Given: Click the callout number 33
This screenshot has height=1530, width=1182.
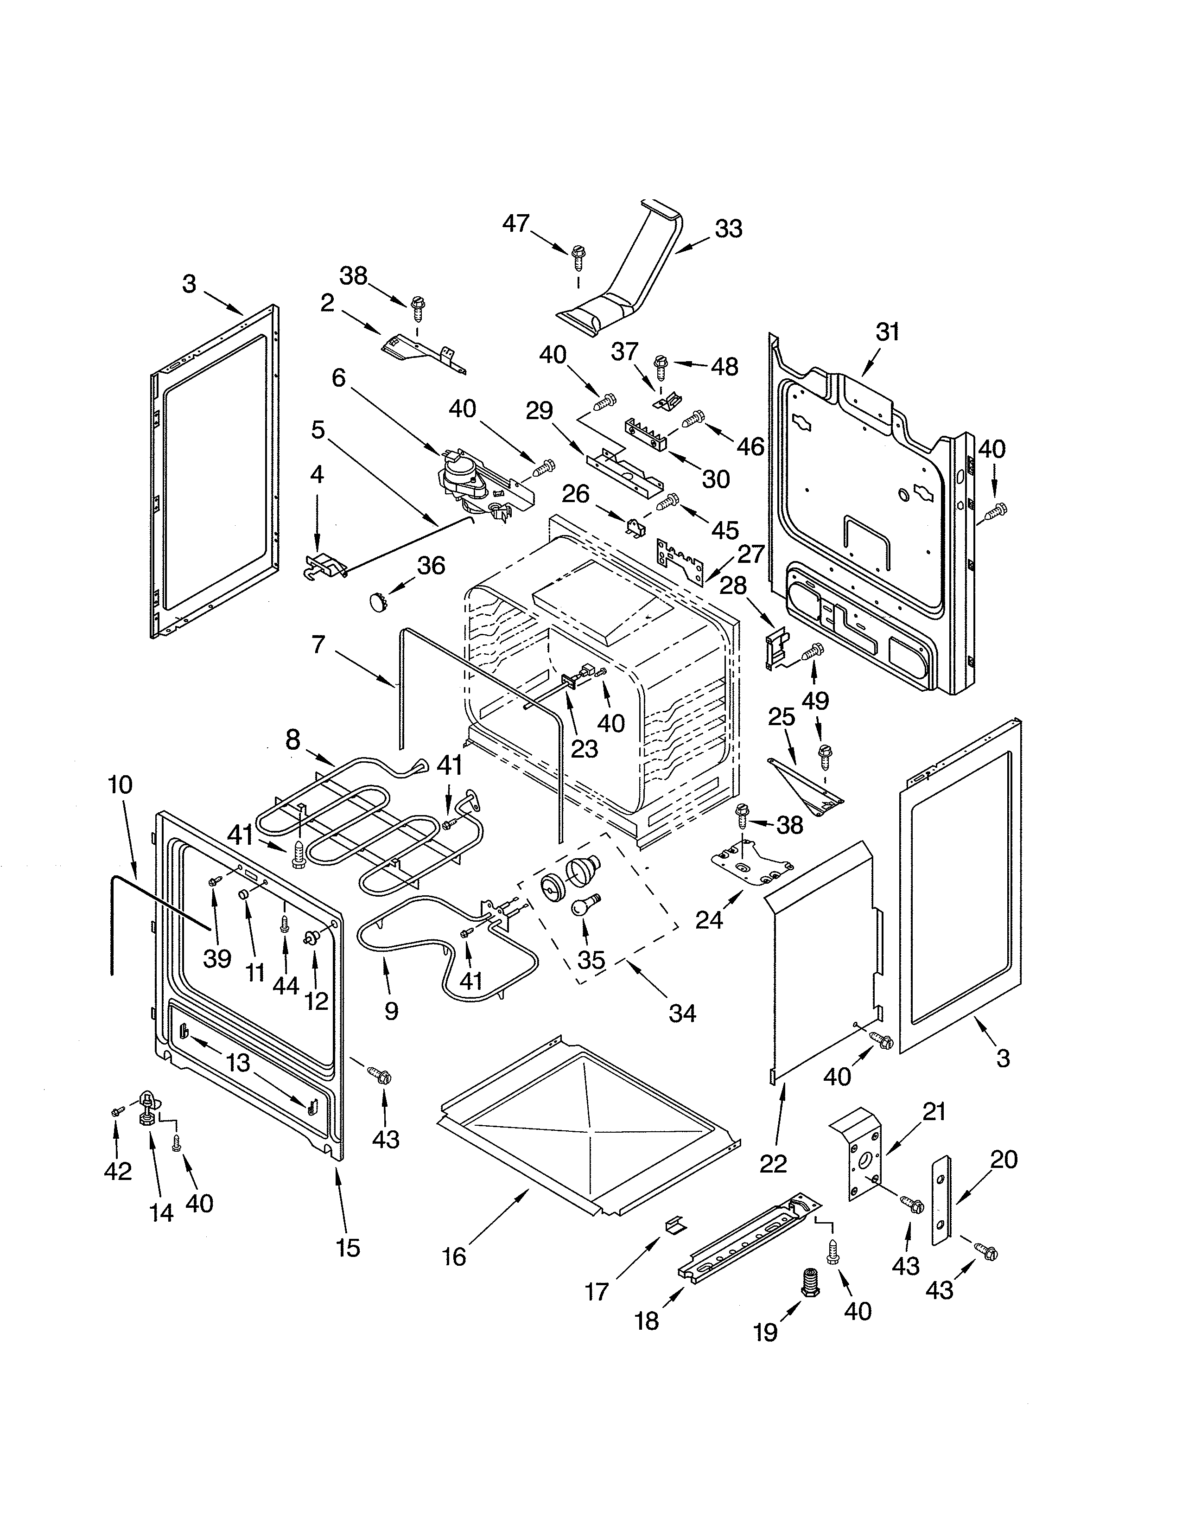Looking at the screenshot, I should (728, 229).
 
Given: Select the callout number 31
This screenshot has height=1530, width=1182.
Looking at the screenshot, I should (887, 331).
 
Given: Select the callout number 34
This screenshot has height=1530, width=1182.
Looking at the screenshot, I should (682, 1013).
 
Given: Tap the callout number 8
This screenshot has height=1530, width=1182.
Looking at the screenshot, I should (292, 740).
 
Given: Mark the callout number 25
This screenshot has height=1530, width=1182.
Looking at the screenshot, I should (782, 717).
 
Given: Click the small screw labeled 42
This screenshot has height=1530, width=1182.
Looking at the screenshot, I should (117, 1112).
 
